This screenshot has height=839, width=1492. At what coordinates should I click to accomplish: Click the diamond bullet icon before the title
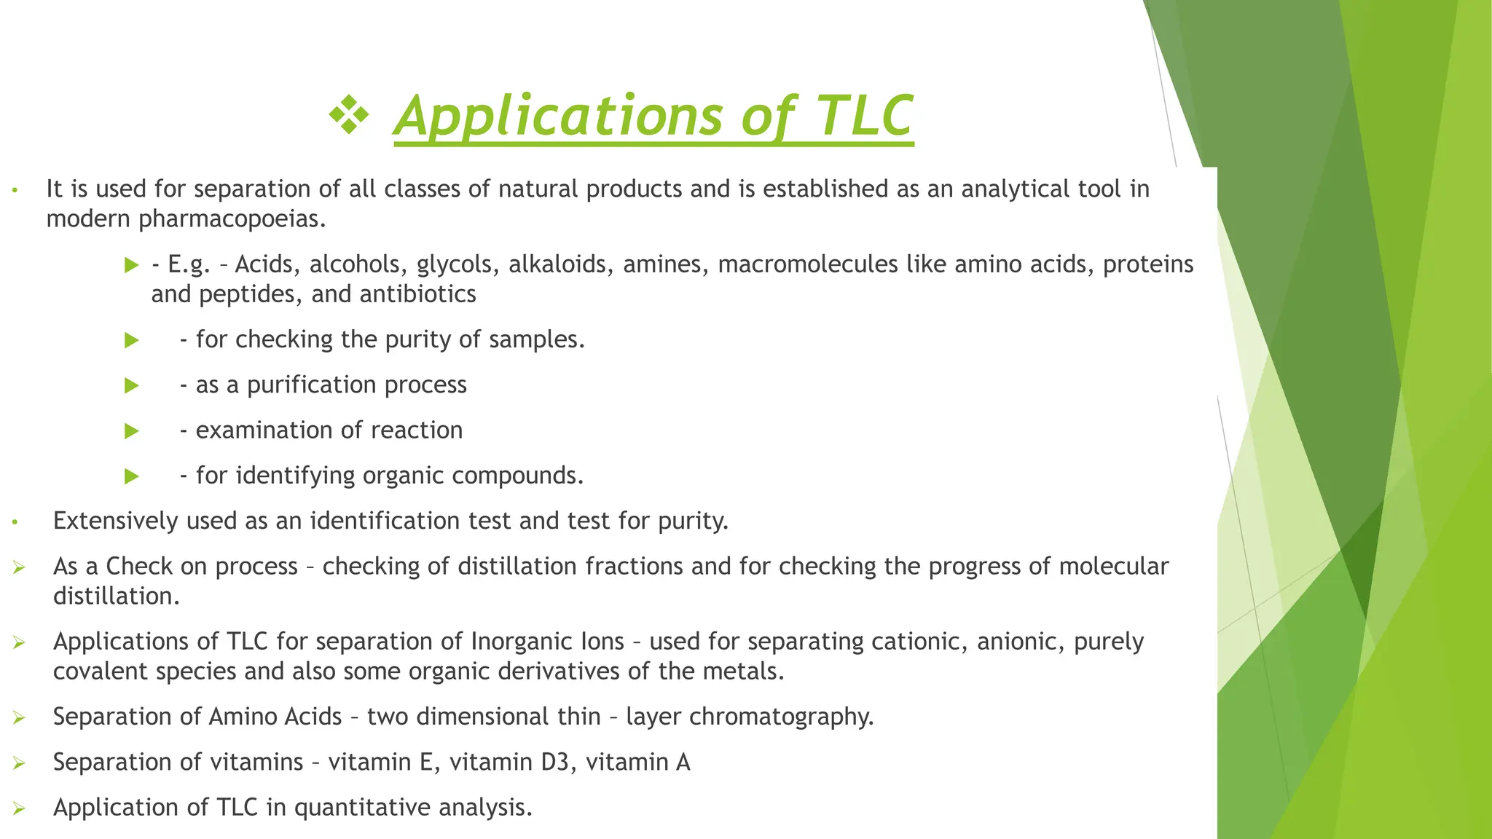click(349, 115)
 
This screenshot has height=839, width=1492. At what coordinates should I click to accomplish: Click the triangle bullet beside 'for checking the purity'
click(132, 340)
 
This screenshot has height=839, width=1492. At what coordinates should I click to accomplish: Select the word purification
click(312, 385)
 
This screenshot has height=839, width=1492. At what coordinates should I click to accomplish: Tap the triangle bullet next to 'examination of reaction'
click(132, 431)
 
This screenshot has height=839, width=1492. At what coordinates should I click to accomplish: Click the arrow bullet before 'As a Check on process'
click(19, 567)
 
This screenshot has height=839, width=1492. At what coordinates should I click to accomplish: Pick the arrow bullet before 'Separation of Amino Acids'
click(19, 718)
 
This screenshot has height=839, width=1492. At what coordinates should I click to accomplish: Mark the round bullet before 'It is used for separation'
click(13, 192)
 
